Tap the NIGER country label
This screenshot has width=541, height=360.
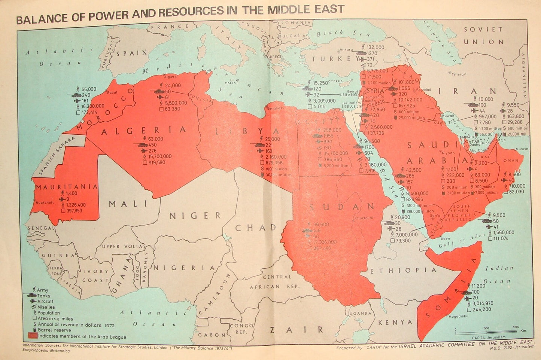195,216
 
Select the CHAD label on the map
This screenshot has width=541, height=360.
256,228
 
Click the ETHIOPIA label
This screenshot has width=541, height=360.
404,270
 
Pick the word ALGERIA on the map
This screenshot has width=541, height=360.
143,130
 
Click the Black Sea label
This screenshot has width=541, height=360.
343,33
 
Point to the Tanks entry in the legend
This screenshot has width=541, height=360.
43,296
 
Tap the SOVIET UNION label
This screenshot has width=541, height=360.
483,36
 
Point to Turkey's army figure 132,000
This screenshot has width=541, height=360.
376,48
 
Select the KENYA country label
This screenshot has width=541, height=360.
395,322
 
